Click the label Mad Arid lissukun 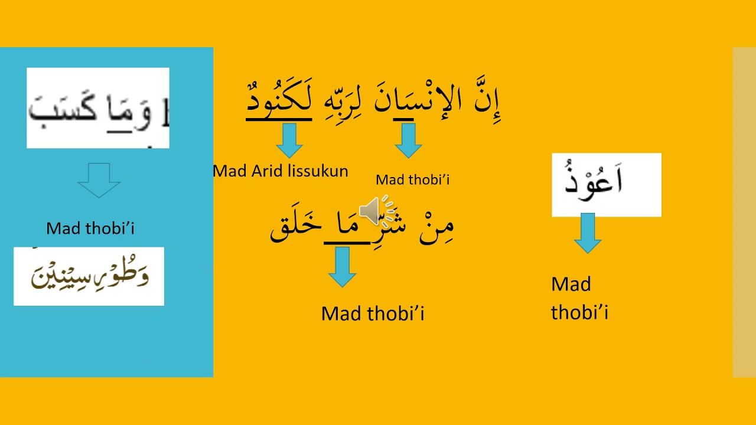point(280,171)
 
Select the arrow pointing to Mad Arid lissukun point(289,140)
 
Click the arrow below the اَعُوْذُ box point(588,233)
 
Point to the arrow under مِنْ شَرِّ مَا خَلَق point(342,267)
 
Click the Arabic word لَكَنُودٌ point(279,102)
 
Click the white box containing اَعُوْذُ point(606,185)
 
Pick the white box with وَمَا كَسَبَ point(98,108)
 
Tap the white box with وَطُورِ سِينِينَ point(89,276)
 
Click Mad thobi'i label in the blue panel point(90,228)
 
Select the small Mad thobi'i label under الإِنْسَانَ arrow point(412,180)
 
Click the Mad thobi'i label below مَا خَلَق point(373,313)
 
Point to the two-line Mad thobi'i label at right point(579,298)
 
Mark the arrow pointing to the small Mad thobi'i point(408,140)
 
